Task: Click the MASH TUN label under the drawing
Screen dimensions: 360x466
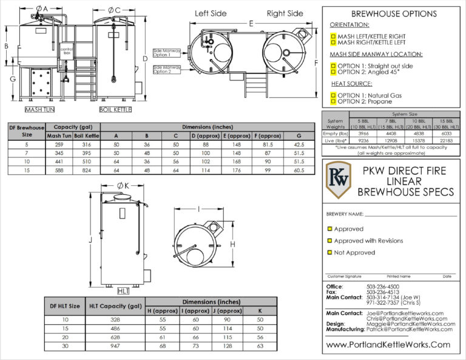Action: pos(40,110)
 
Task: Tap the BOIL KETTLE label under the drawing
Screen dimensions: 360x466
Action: pos(115,110)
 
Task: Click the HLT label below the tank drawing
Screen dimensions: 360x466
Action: pos(123,291)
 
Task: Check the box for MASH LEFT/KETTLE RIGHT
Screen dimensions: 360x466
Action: pos(333,36)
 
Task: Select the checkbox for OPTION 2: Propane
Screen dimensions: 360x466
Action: pos(333,101)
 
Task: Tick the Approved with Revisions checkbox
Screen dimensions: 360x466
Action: pos(330,241)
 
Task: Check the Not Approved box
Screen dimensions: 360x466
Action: pos(330,253)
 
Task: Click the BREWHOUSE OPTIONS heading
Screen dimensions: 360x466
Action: pos(394,14)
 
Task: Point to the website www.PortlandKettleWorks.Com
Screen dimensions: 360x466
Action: pos(388,345)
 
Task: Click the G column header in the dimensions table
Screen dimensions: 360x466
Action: pos(298,135)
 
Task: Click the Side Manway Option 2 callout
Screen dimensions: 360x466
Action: pos(166,69)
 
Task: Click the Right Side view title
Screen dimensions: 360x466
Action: pos(285,13)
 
